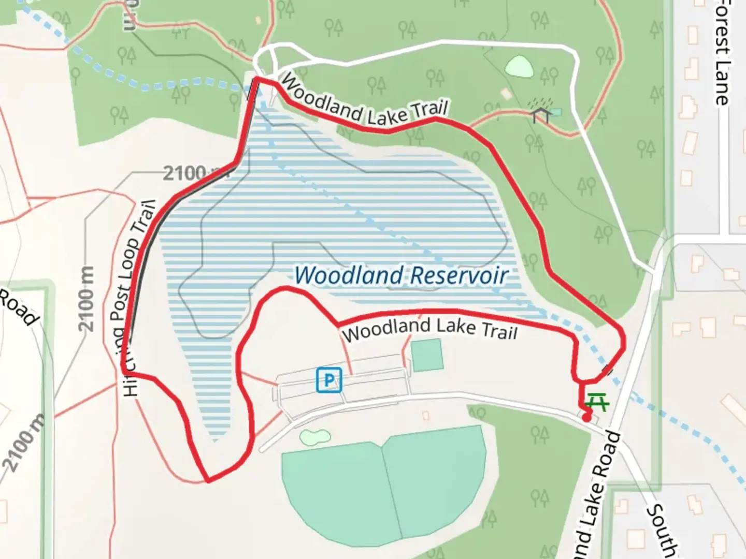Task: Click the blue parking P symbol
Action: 329,380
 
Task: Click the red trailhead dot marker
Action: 586,417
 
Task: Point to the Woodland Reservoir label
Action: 401,275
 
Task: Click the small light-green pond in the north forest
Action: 519,66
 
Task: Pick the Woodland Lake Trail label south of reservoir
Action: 429,329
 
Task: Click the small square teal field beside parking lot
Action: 427,355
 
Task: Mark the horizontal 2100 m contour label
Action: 189,172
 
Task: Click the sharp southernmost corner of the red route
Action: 208,481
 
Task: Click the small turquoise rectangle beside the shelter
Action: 555,112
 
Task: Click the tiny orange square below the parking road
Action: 425,415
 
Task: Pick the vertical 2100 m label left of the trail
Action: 87,299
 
